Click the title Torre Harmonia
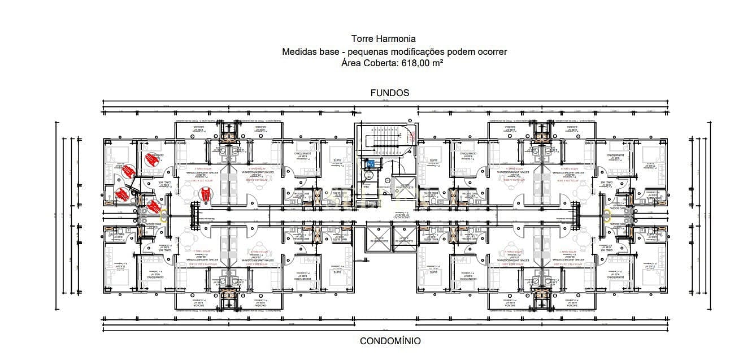click(x=383, y=39)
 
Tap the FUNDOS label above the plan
click(x=389, y=93)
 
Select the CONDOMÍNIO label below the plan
click(x=390, y=341)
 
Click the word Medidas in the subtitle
click(x=300, y=51)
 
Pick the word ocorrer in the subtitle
click(x=491, y=51)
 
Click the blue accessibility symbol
click(x=371, y=163)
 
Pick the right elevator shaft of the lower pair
click(x=403, y=237)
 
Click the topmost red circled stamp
click(x=150, y=159)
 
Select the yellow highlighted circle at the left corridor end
click(x=164, y=215)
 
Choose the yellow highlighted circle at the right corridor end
click(x=607, y=215)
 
